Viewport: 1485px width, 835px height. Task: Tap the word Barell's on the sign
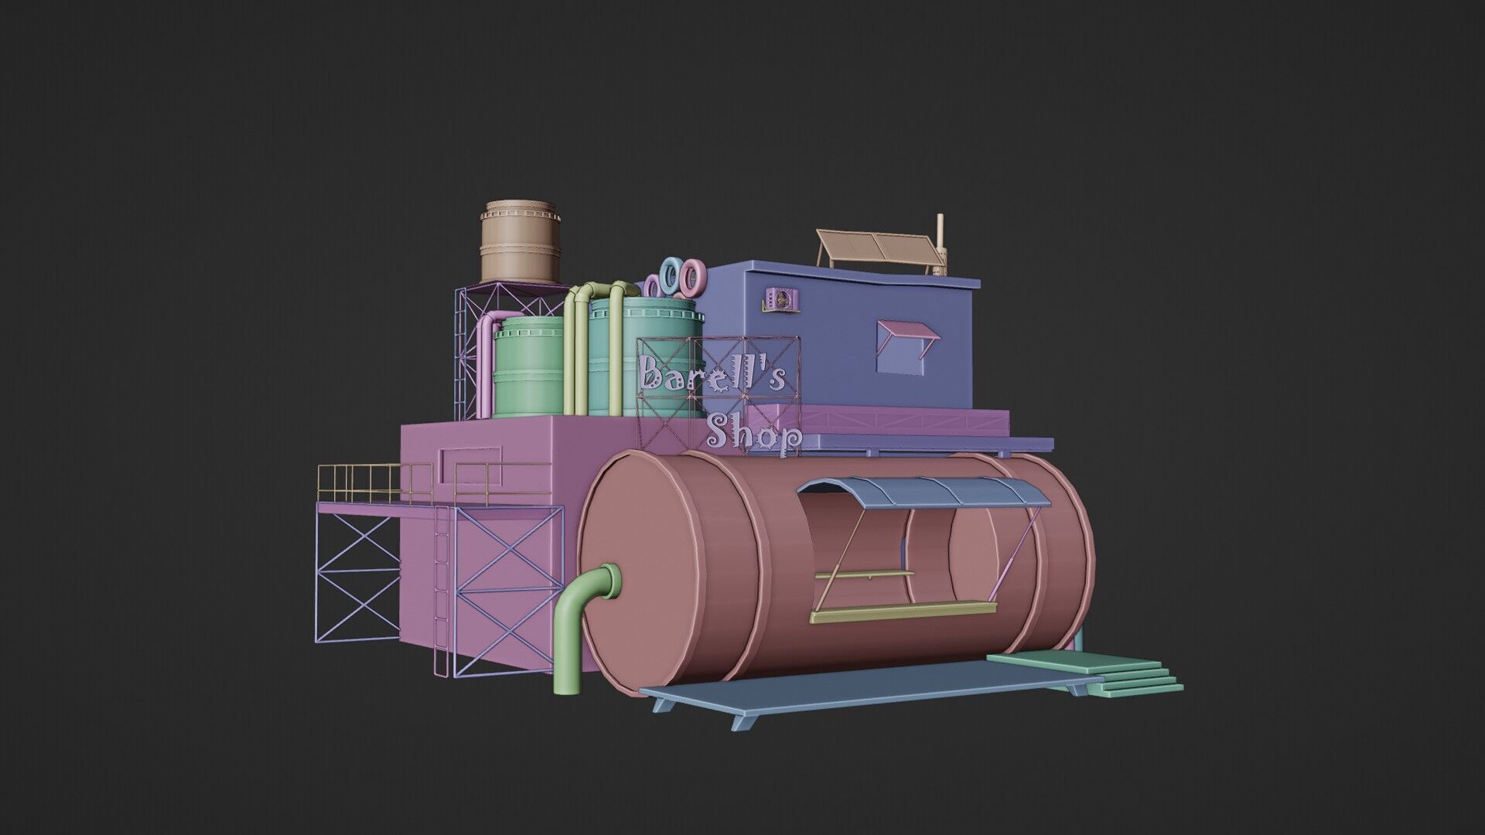(712, 377)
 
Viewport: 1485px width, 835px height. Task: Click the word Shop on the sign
(754, 435)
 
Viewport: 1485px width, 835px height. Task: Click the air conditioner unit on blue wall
(781, 299)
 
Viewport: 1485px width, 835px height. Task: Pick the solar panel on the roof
(874, 247)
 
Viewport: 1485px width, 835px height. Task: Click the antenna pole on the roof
(940, 244)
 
